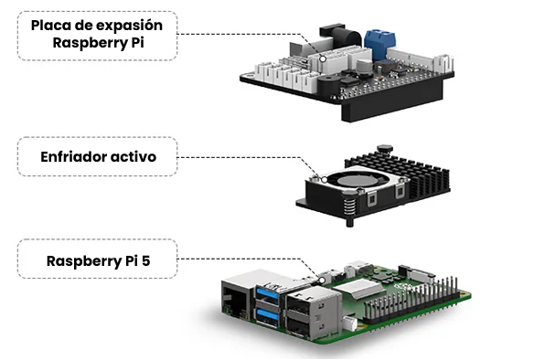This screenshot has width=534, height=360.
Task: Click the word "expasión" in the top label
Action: point(133,26)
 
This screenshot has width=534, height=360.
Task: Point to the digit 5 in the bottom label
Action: point(145,261)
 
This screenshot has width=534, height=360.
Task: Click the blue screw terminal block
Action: point(379,40)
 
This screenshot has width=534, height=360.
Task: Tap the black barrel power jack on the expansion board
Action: point(340,35)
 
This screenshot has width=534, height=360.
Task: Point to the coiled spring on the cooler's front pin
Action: point(349,206)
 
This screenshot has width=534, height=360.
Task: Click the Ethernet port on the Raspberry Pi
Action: point(235,300)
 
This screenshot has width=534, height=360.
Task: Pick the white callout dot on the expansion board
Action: point(323,58)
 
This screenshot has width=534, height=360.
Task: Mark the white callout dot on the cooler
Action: point(324,179)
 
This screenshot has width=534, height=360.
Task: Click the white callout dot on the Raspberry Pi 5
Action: point(322,281)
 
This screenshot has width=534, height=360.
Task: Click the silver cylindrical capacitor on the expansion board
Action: point(365,67)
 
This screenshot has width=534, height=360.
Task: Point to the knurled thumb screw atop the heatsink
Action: point(385,149)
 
